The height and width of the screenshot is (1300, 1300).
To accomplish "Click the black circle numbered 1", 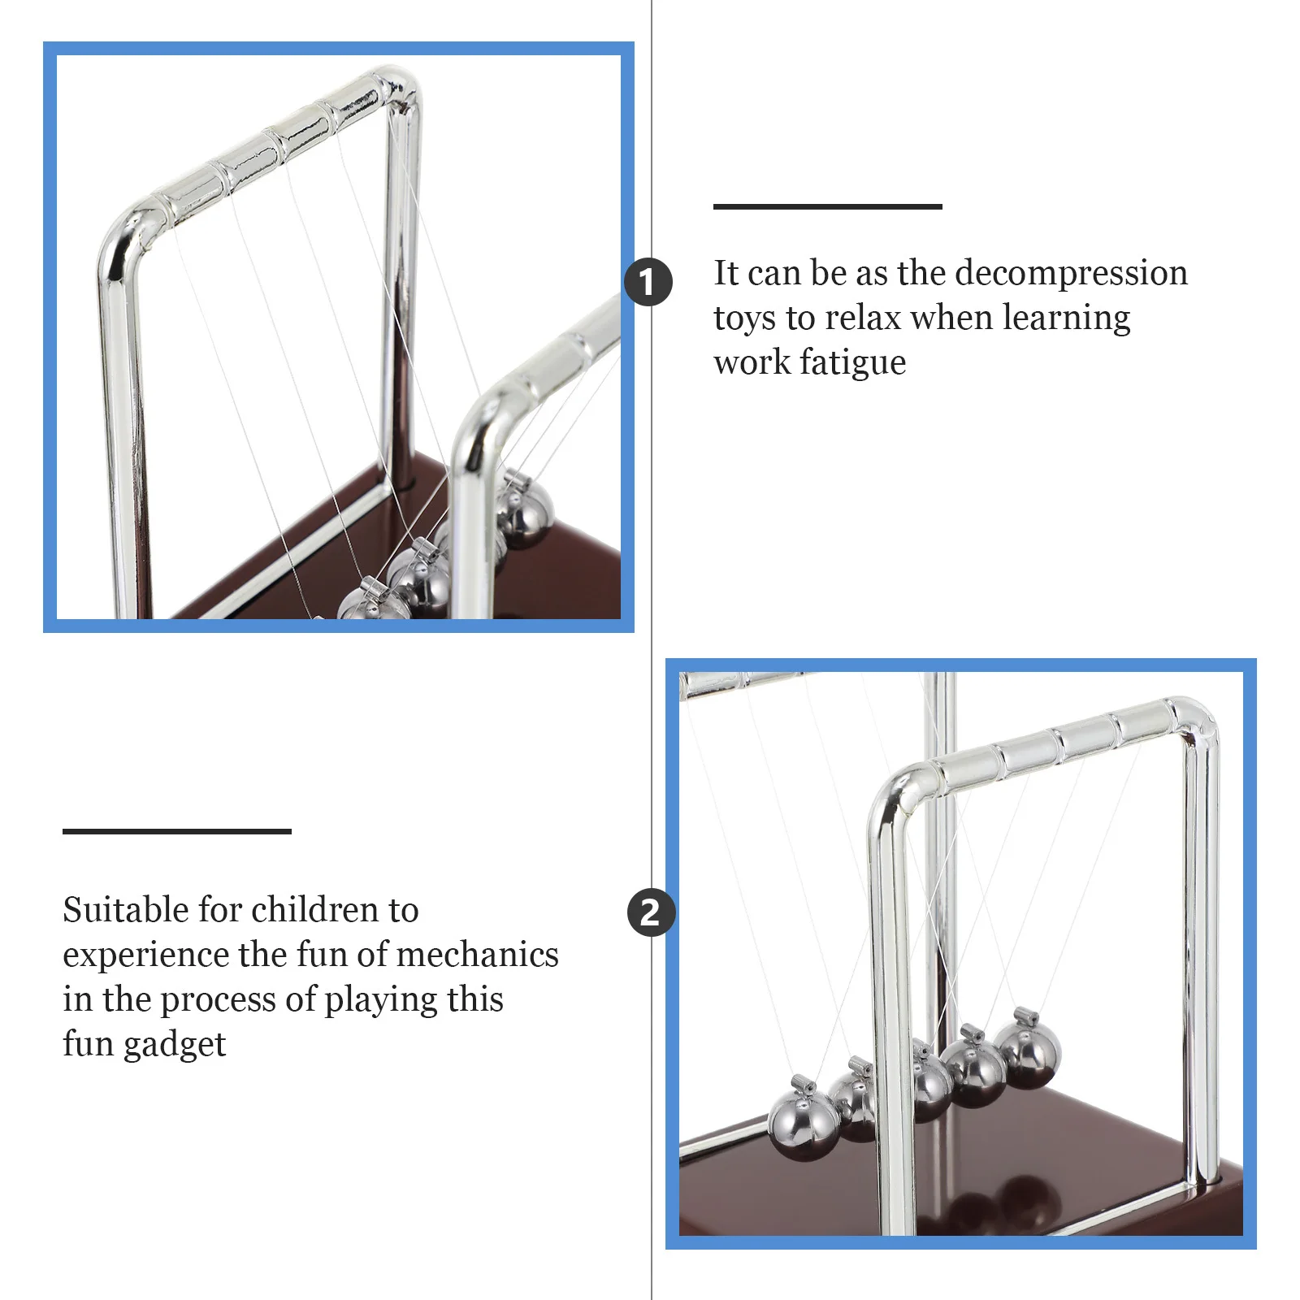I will pos(648,282).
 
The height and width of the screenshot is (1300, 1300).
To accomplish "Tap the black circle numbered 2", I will pos(651,912).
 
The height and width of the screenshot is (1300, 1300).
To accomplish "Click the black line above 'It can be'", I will pos(827,206).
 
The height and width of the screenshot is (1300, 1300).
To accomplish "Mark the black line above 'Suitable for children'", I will pos(176,830).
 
